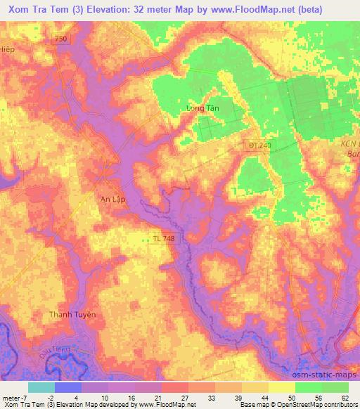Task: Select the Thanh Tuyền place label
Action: click(72, 314)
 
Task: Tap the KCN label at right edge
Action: click(349, 143)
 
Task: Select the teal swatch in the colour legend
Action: click(41, 387)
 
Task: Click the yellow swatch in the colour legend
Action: click(281, 387)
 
